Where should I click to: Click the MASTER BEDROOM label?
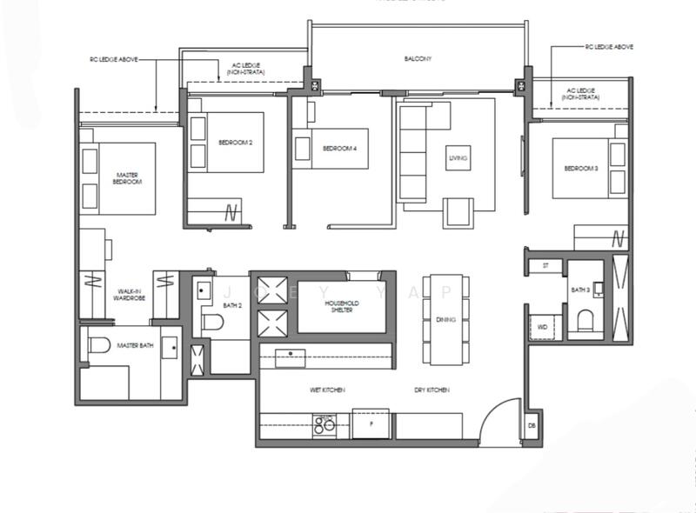coord(128,178)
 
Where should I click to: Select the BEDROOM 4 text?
coord(340,149)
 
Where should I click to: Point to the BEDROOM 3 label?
coord(581,168)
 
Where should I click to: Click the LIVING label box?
coord(458,158)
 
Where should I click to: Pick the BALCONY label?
coord(418,59)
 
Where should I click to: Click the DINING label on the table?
coord(446,320)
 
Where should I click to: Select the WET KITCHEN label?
coord(327,390)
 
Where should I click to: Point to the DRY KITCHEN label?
coord(432,390)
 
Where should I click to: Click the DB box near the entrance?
coord(532,426)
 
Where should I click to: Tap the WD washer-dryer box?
coord(543,327)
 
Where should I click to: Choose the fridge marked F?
coord(371,424)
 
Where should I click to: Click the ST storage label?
coord(545,264)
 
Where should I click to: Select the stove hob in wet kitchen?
coord(325,424)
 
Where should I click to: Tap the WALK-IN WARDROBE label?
coord(129,295)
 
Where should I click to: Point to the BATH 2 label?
coord(231,306)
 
